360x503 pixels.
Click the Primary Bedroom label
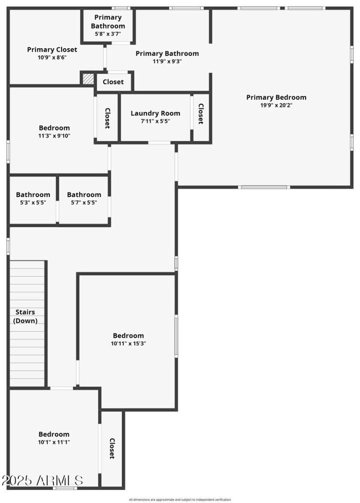coord(276,97)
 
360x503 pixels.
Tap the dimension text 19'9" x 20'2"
coord(276,106)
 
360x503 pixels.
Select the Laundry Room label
coord(155,113)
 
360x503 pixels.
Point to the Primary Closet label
coord(52,49)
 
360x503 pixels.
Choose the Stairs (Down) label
coord(25,316)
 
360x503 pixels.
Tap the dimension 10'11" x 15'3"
coord(128,344)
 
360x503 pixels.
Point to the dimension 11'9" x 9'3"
coord(167,62)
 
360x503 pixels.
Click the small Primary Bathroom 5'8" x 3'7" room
coord(108,25)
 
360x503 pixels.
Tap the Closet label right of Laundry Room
coord(201,114)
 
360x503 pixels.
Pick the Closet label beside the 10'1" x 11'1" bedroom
coord(112,449)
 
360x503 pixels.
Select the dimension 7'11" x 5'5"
coord(155,121)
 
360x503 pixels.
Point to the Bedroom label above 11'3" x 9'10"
coord(54,128)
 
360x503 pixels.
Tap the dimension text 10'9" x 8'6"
coord(52,58)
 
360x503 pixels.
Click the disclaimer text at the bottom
coord(180,499)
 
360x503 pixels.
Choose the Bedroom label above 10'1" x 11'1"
coord(54,434)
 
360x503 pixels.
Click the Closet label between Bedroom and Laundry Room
coord(108,118)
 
